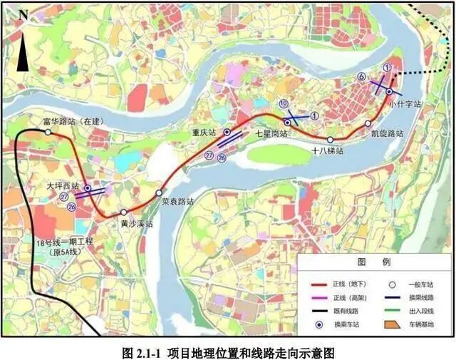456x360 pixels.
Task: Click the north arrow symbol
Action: (23, 50)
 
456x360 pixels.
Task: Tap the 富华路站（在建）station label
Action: (71, 122)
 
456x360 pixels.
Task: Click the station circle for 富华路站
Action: (48, 132)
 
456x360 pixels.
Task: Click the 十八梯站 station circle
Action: (331, 139)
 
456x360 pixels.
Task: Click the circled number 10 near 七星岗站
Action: (283, 104)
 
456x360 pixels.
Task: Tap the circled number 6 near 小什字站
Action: (362, 76)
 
